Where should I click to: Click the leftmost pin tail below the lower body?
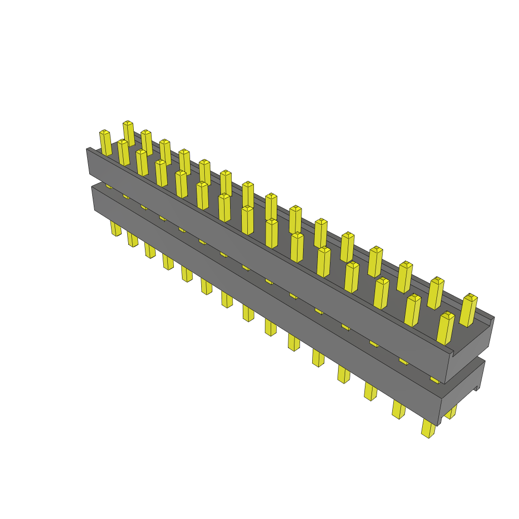tap(116, 229)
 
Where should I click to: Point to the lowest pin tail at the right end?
tap(428, 428)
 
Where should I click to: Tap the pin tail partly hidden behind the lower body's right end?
tap(451, 412)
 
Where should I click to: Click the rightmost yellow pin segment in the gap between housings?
tap(434, 379)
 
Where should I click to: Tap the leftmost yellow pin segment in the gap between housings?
tap(108, 186)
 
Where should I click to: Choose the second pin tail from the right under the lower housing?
tap(398, 410)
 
